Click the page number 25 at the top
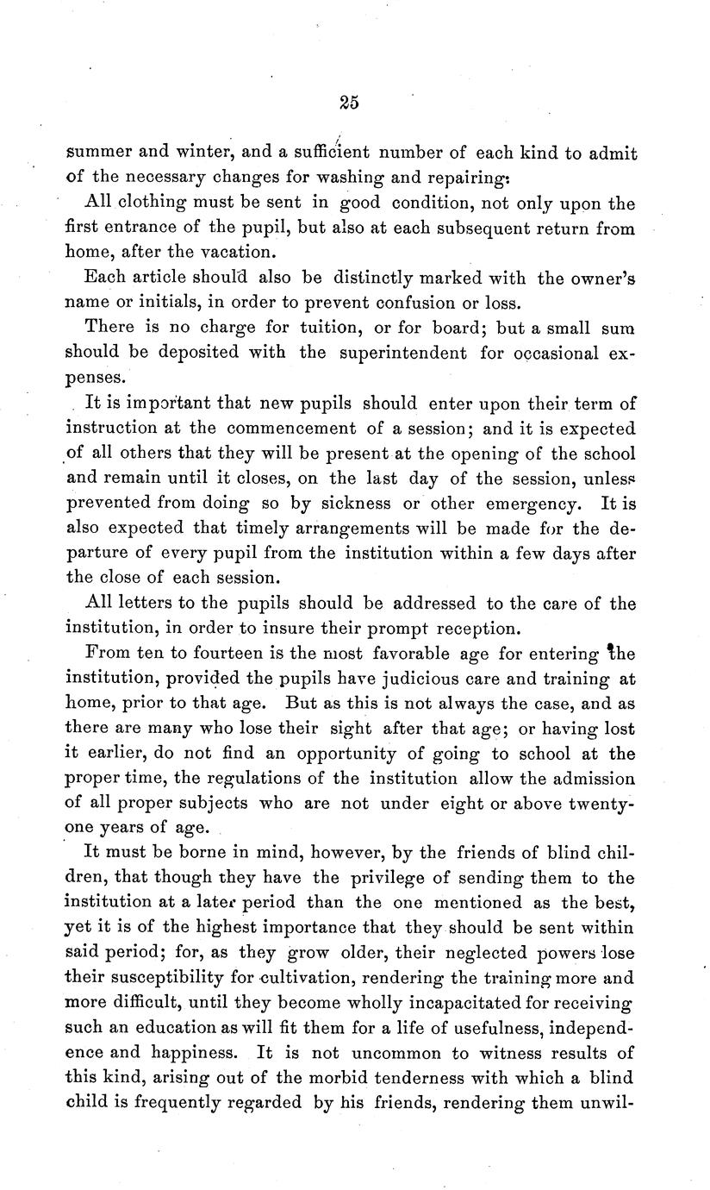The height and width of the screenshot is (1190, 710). (348, 103)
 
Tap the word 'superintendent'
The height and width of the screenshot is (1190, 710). (391, 354)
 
